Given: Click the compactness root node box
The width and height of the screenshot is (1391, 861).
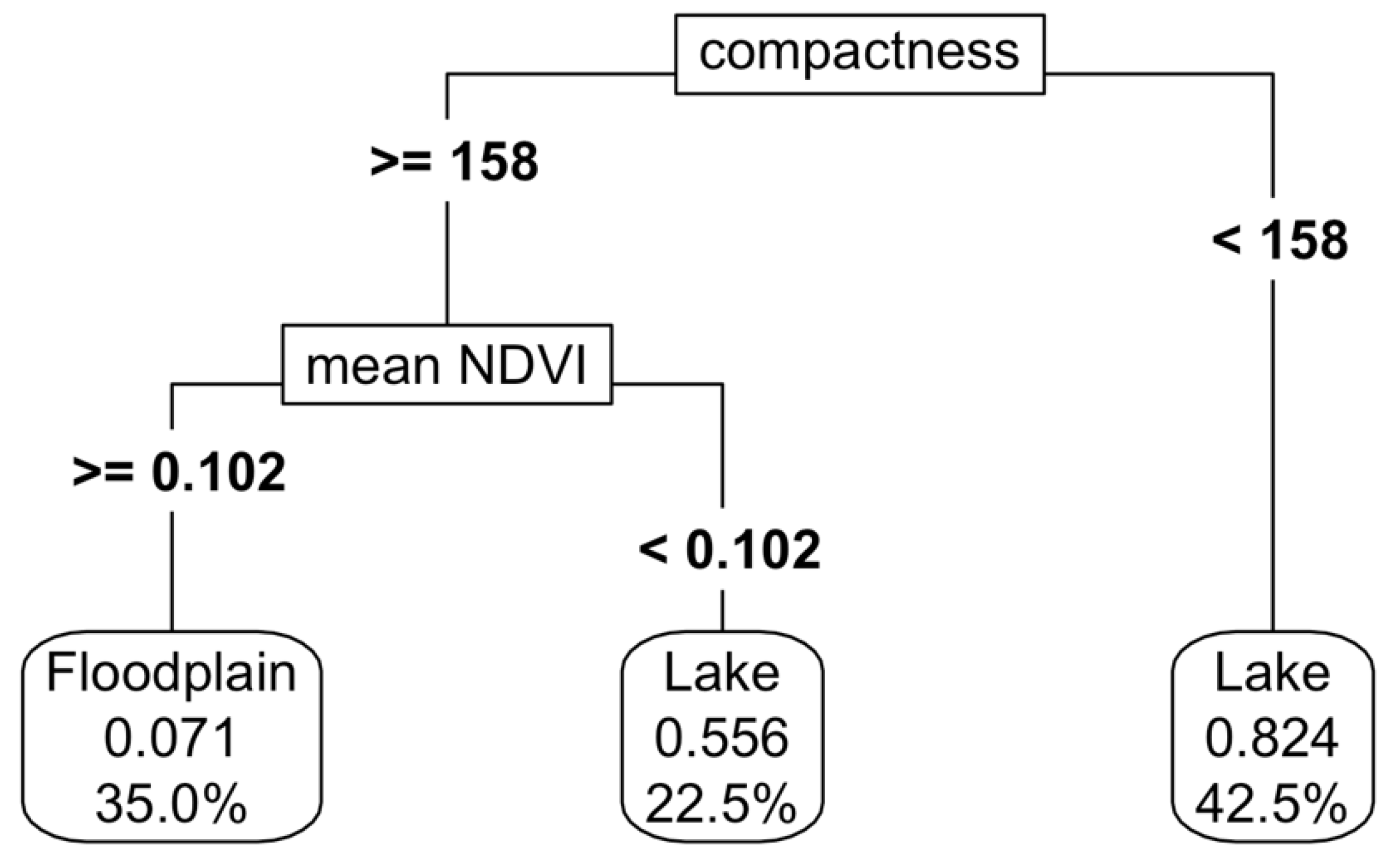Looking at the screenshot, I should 859,54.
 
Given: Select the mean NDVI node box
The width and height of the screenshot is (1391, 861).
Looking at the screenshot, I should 446,365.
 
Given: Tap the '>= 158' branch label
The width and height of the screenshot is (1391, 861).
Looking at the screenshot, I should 454,162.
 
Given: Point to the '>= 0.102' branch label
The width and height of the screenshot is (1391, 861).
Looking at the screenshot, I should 179,471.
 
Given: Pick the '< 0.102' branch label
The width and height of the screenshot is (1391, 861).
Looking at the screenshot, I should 729,550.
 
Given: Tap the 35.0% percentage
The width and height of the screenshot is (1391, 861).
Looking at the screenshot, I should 172,804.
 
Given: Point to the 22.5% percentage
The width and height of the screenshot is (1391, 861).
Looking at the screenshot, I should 721,804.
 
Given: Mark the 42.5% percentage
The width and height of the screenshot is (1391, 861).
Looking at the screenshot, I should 1271,804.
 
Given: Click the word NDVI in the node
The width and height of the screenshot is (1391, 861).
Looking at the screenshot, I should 522,366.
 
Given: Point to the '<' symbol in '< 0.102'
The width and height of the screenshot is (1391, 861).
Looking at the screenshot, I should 654,550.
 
